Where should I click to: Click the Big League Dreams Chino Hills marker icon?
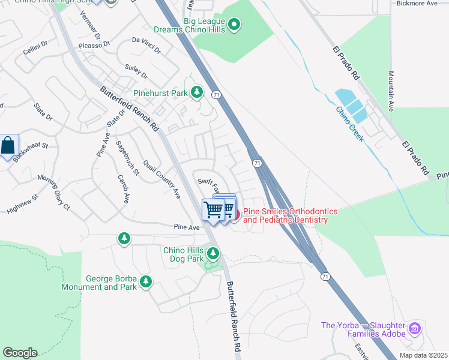click(x=235, y=25)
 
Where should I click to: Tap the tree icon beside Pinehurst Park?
click(x=196, y=92)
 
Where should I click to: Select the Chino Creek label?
click(x=349, y=124)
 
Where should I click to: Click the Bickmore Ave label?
click(x=417, y=4)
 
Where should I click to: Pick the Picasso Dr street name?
click(x=94, y=45)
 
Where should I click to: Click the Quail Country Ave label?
click(x=161, y=179)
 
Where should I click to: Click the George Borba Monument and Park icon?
click(x=145, y=281)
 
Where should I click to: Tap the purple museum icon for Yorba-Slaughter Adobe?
click(x=414, y=329)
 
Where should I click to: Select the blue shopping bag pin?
click(x=8, y=146)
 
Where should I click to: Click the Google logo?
click(x=20, y=353)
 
